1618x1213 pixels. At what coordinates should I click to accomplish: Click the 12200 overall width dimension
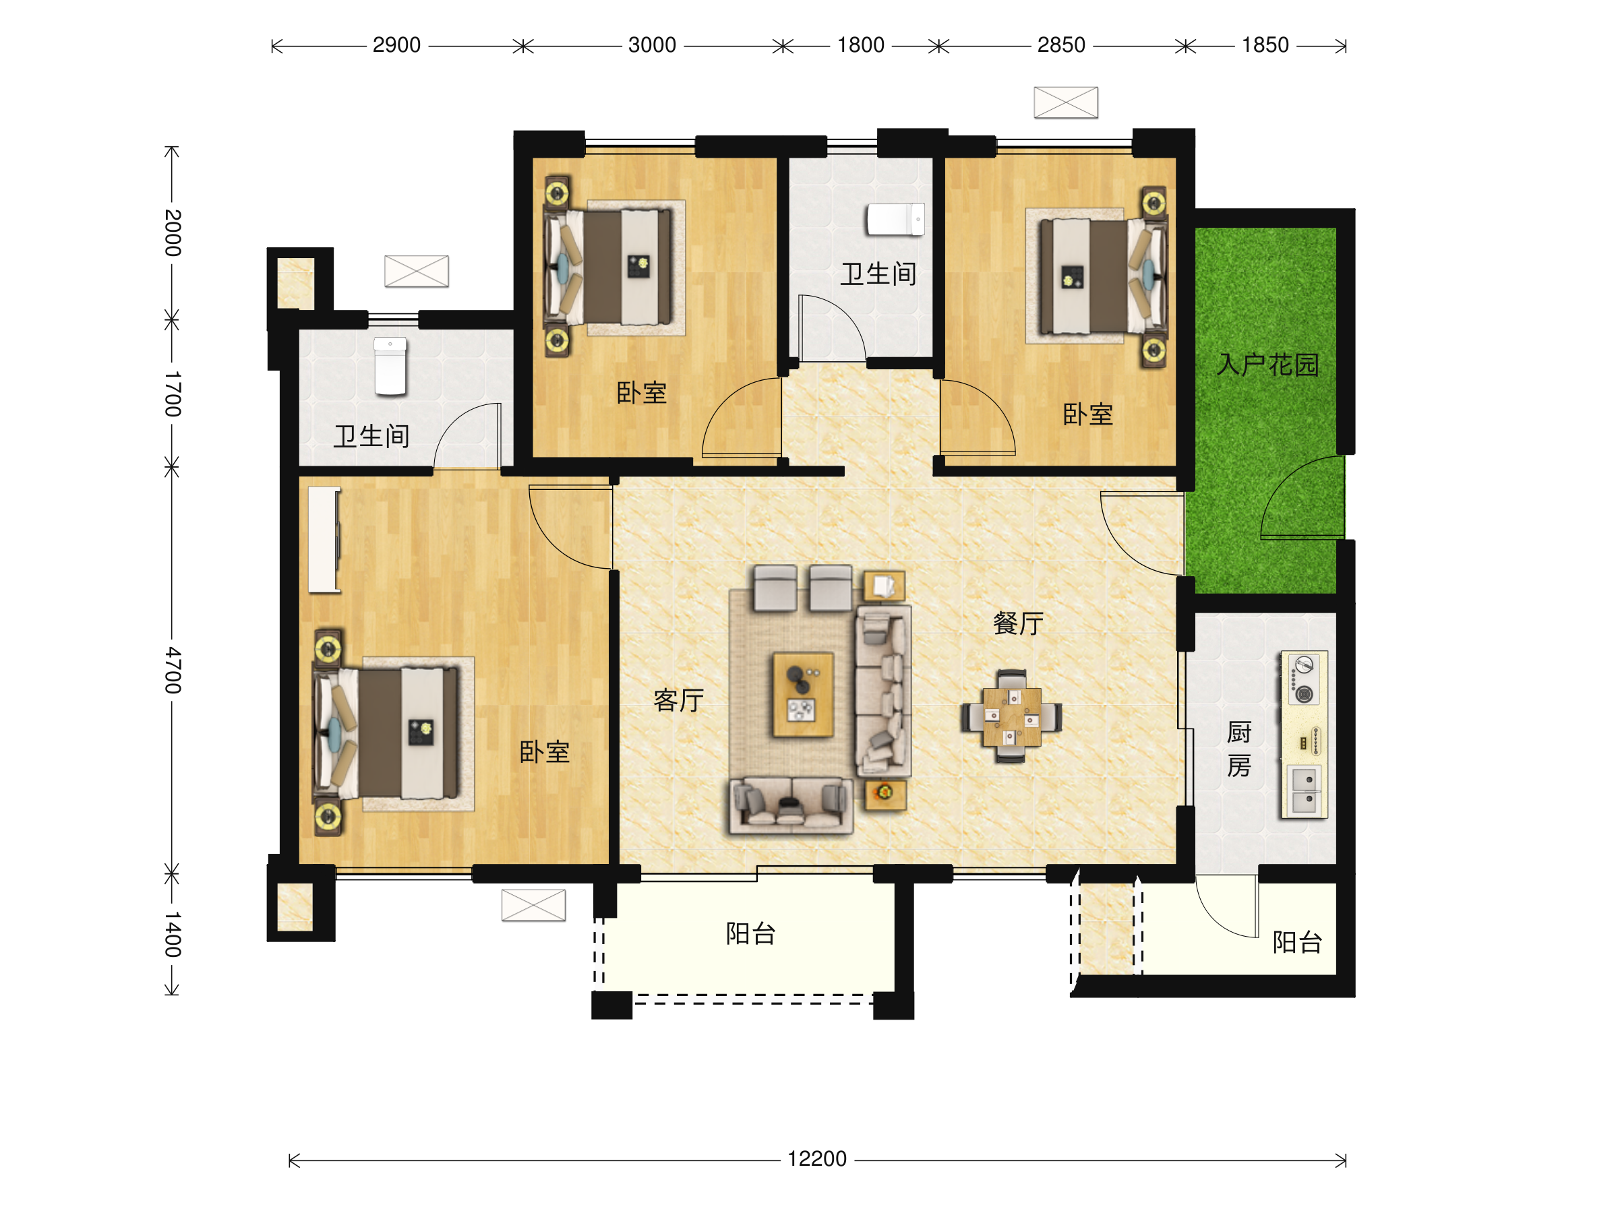[816, 1159]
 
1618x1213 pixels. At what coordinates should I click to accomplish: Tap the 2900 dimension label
[396, 45]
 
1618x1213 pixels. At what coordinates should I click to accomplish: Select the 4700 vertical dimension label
[172, 670]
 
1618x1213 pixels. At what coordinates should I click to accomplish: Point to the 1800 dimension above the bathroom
[861, 45]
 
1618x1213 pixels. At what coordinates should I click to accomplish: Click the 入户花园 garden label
[1267, 364]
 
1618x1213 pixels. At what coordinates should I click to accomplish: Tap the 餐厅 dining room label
[1018, 623]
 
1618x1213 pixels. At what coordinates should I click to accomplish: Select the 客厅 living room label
[678, 700]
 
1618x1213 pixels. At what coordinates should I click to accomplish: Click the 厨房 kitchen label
[1239, 749]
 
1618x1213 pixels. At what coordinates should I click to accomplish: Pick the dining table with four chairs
[1012, 716]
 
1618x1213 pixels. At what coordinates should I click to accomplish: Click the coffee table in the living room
[803, 694]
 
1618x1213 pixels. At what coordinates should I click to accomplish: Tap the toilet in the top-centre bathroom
[895, 219]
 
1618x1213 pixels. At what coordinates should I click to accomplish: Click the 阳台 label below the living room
[750, 934]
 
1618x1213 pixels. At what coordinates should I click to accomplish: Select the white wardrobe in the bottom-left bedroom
[324, 539]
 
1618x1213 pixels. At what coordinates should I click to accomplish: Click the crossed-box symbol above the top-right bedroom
[1066, 102]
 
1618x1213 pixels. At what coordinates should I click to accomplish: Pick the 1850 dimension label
[1265, 45]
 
